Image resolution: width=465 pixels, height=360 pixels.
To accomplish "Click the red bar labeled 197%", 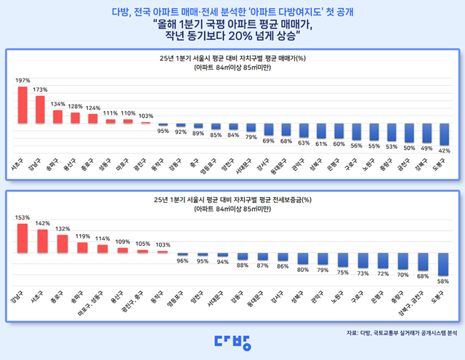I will (23, 105).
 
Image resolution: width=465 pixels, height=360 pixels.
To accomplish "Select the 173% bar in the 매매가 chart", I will (40, 110).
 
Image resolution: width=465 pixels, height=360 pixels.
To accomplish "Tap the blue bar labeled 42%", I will (445, 135).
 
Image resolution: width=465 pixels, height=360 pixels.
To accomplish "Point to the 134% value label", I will (57, 104).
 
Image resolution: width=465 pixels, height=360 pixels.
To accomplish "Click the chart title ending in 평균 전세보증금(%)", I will (232, 198).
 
